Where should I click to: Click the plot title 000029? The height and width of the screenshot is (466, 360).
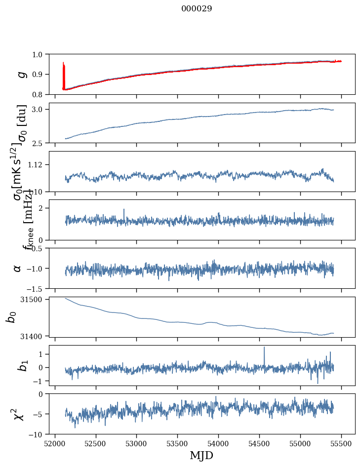point(197,9)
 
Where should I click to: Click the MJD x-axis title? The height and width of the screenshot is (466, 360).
point(201,455)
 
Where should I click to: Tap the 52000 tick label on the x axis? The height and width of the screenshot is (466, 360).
point(55,443)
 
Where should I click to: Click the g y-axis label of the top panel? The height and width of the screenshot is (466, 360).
point(21,74)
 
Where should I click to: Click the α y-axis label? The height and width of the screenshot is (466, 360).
point(18,268)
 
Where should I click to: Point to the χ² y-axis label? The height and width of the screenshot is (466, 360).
point(19,414)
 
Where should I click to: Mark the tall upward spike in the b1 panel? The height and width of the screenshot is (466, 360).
point(264,349)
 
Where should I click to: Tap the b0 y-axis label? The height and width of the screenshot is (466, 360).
point(10,316)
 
